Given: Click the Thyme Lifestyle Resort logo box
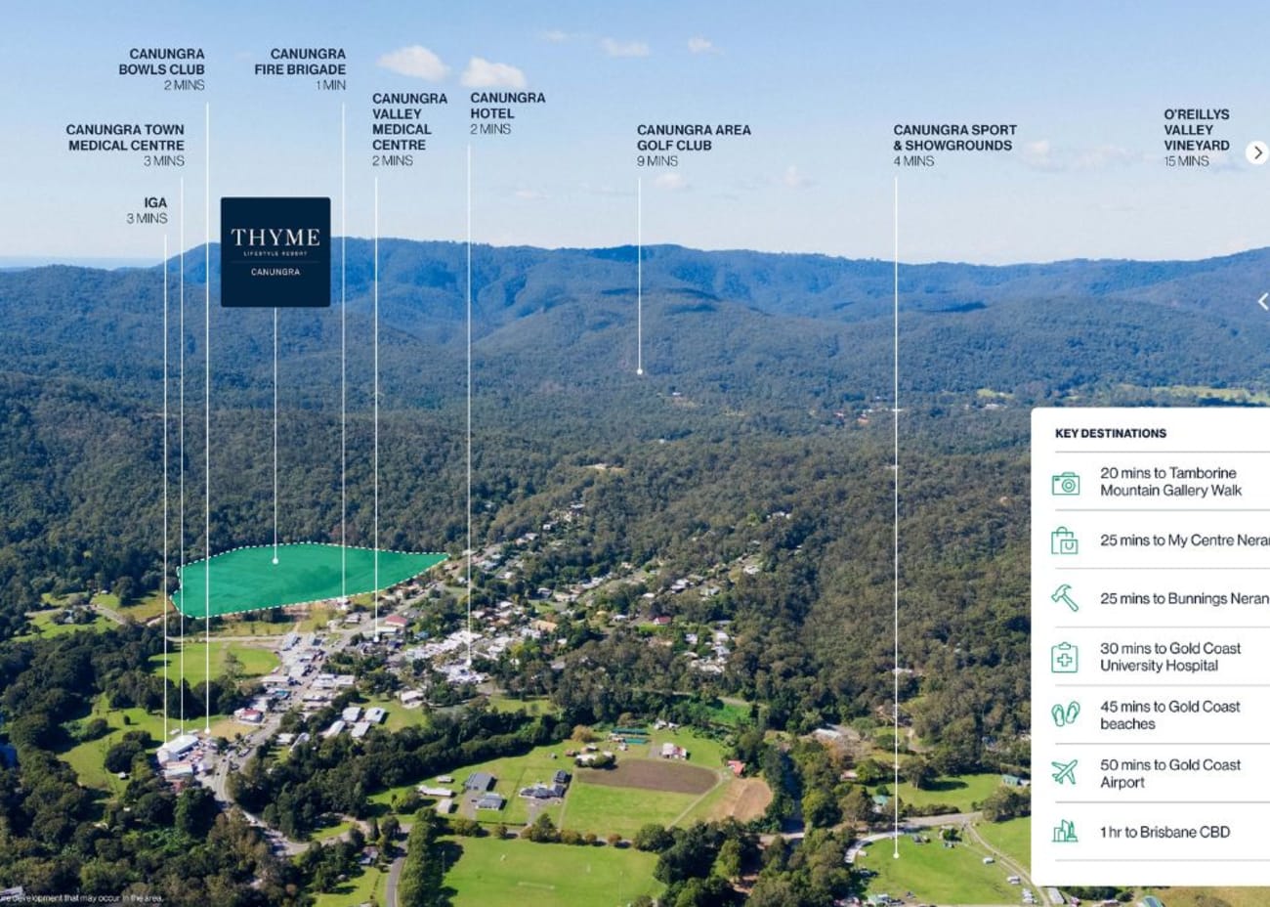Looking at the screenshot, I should coord(275,251).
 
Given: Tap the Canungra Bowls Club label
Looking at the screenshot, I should coord(162,68).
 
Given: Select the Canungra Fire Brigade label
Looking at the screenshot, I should coord(300,68).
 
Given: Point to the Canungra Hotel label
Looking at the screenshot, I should coord(507,112).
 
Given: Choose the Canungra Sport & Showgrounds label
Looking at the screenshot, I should coord(954,144).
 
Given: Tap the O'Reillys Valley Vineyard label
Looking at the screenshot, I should coord(1196,137).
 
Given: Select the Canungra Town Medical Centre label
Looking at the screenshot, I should coord(125,144).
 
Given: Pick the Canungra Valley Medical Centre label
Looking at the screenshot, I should coord(408,129).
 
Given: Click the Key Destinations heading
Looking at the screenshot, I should coord(1110,433).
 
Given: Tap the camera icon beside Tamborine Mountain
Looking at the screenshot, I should coord(1065,483).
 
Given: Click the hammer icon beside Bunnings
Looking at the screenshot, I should coord(1065,598).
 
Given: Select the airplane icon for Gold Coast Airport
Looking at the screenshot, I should coord(1065,773).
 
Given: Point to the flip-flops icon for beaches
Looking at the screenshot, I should coord(1065,714).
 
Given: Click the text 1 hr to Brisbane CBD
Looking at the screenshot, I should coord(1164,832).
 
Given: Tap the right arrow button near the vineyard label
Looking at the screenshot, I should coord(1257,152).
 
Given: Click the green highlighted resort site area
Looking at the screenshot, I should coord(293,579).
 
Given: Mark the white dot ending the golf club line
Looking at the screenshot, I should coord(640,371).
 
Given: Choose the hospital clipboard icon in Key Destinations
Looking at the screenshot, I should coord(1065,657).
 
